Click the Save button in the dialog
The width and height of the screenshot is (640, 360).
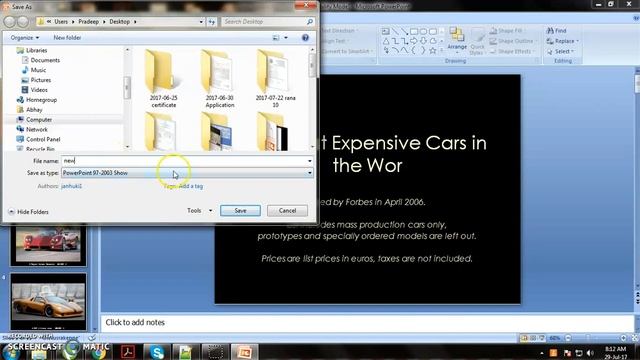point(240,210)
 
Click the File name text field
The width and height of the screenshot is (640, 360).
point(185,160)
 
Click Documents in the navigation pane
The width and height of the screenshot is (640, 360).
point(45,60)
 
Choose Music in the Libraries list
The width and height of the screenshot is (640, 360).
point(38,70)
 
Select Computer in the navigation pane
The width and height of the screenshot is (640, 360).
point(39,119)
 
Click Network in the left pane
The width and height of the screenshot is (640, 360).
point(37,129)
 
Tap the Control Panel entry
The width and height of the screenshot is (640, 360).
point(43,139)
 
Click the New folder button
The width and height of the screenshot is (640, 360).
point(67,37)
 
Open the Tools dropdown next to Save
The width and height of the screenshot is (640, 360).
point(198,210)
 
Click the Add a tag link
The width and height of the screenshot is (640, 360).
point(190,185)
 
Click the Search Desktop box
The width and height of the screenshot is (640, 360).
point(272,20)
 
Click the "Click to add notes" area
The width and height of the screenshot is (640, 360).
point(300,322)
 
